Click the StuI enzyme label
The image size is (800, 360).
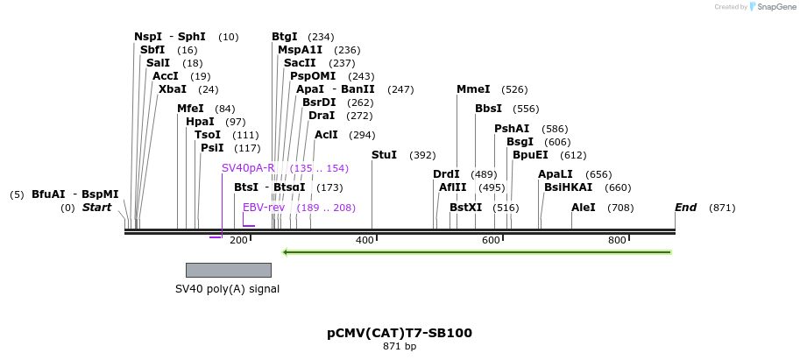(384, 155)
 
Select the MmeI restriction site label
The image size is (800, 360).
(473, 89)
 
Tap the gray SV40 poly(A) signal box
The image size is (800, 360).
(228, 270)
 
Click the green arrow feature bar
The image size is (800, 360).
(477, 252)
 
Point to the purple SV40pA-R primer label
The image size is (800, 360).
(248, 168)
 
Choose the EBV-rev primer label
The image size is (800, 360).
(264, 208)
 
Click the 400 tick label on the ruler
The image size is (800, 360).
(365, 240)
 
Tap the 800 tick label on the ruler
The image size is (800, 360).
(617, 240)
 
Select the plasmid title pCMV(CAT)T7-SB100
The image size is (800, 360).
(400, 333)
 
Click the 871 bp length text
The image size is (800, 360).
(400, 347)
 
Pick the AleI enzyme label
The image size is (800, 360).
(583, 208)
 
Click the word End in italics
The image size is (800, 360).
(685, 208)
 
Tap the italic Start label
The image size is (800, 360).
(97, 208)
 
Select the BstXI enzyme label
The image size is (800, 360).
(465, 208)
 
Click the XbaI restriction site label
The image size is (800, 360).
(173, 89)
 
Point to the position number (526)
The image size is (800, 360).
(514, 89)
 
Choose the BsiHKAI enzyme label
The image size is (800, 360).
(568, 187)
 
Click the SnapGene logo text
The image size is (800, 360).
(768, 7)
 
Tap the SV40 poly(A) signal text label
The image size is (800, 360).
(227, 288)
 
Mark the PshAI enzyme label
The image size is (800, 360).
(512, 129)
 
